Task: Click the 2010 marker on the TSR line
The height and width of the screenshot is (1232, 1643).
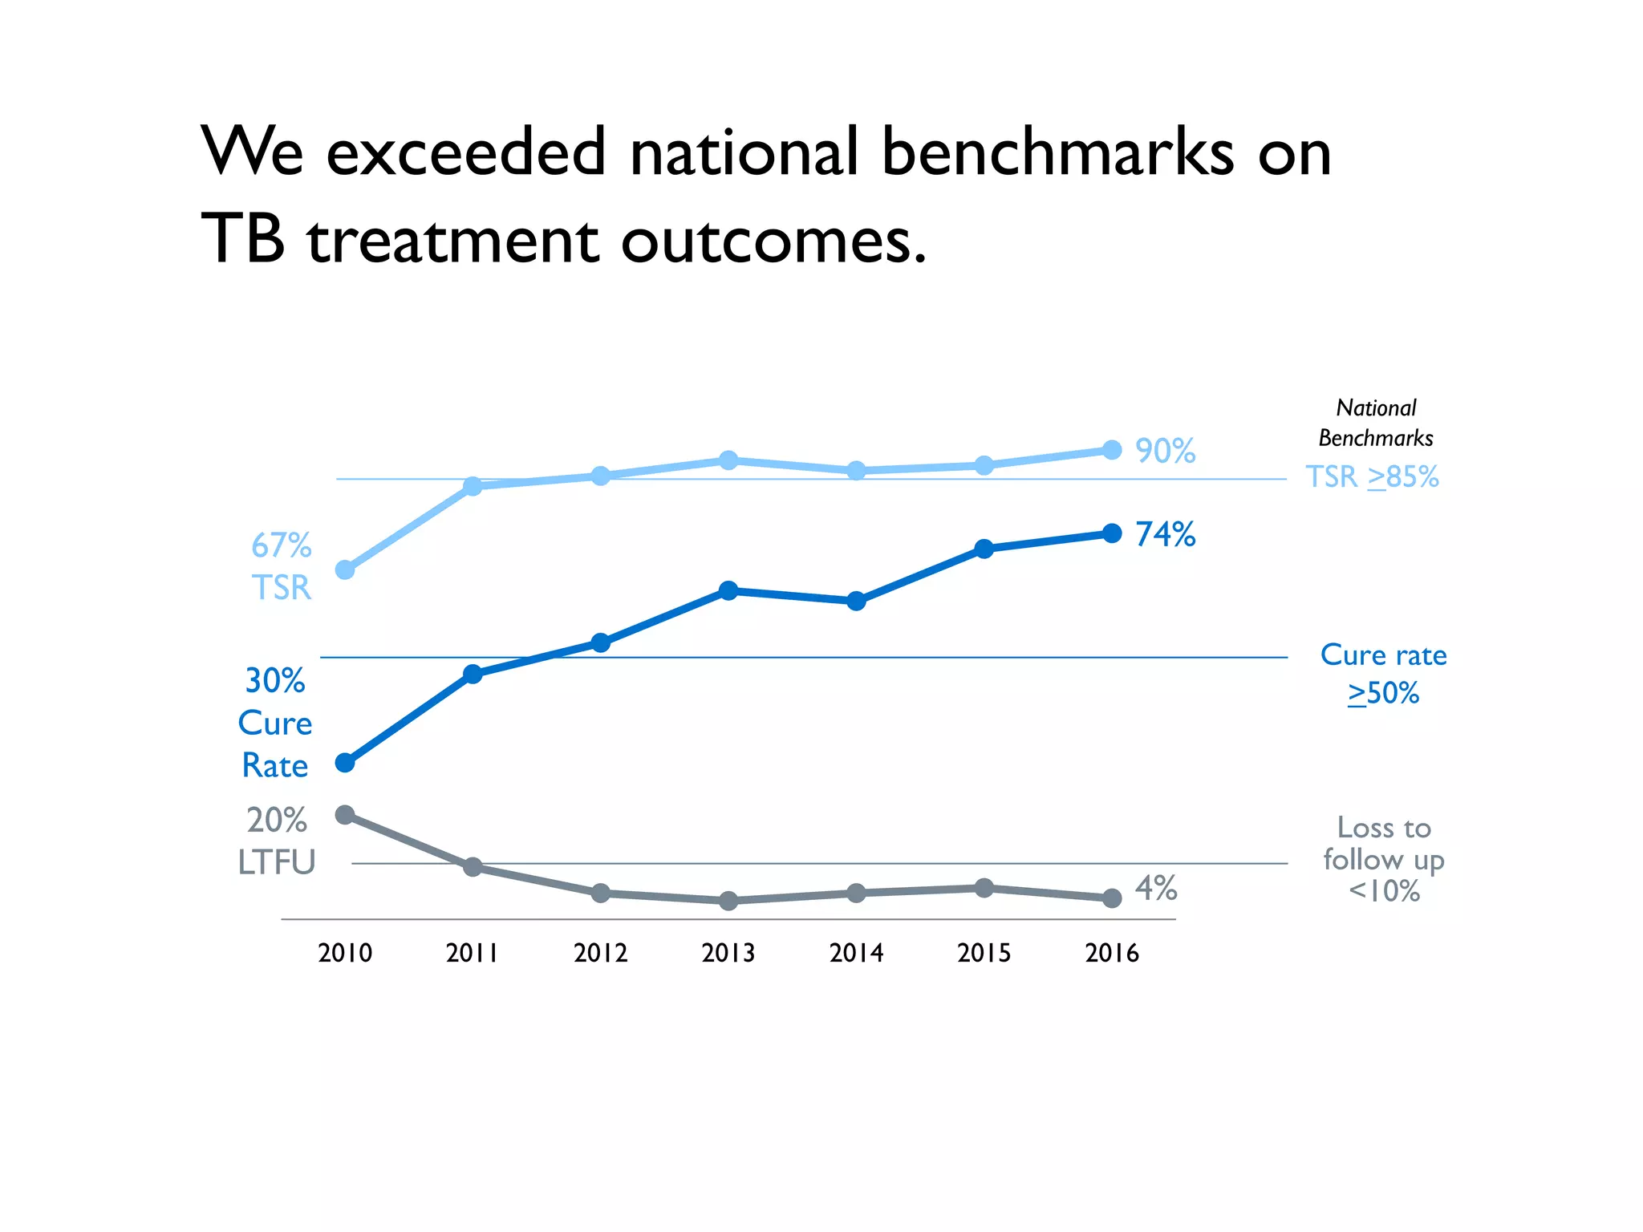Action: [345, 569]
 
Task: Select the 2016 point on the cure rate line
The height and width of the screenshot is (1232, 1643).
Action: [1112, 533]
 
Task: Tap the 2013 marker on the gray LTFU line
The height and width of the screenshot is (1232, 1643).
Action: [728, 901]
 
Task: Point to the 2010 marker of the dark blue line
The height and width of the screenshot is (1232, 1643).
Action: [345, 762]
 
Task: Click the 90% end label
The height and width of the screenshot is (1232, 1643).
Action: [1165, 451]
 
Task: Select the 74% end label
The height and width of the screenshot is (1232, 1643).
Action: [1165, 534]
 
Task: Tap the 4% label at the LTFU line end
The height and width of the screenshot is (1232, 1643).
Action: [1156, 888]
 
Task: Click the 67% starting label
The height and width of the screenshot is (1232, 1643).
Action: [281, 545]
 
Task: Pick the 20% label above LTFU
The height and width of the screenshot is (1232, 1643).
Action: [277, 820]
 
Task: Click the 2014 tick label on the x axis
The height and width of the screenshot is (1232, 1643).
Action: [856, 953]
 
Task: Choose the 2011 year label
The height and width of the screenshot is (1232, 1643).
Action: [472, 953]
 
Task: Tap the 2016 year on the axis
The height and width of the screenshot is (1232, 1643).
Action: [1112, 953]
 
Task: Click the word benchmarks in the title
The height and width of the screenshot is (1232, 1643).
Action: [1057, 152]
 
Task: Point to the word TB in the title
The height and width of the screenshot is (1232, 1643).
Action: [242, 239]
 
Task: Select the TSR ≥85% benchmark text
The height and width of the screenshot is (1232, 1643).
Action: [1372, 476]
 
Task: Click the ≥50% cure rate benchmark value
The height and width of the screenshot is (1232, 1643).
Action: [1383, 692]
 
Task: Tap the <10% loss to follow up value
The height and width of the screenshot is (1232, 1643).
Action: [1384, 891]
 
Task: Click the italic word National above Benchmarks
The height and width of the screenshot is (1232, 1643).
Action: [1376, 407]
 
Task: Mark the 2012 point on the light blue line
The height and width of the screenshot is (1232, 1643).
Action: [601, 476]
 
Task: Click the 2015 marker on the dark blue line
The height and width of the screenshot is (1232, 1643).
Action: [984, 549]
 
